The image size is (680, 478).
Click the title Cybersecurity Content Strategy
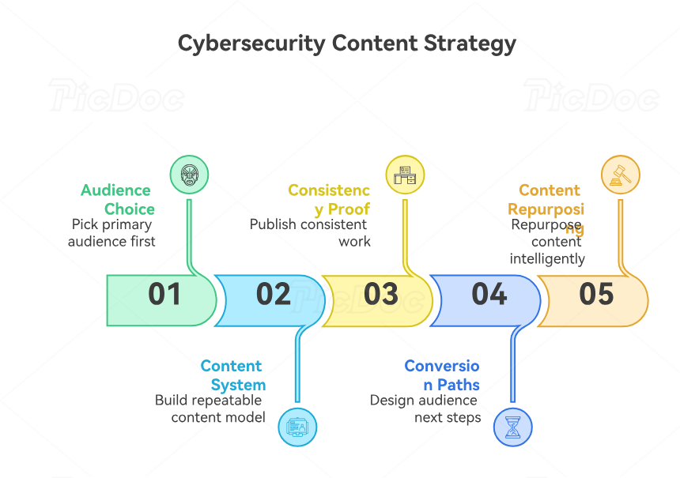tap(346, 43)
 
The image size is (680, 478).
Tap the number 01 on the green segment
tap(164, 294)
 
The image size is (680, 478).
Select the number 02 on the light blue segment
tap(274, 294)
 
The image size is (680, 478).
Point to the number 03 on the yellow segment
tap(380, 294)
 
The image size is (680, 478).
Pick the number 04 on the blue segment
tap(489, 294)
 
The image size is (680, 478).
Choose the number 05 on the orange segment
tap(596, 294)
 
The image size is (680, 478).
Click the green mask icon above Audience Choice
tap(190, 175)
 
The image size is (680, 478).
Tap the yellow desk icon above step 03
tap(405, 175)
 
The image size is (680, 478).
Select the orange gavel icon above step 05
tap(620, 175)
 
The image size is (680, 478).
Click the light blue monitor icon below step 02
tap(297, 427)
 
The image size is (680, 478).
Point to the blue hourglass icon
tap(512, 427)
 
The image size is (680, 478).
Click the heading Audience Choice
tap(117, 199)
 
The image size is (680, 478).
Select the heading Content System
tap(233, 375)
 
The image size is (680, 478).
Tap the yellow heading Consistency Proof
tap(330, 199)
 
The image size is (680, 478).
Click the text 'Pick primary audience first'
tap(111, 232)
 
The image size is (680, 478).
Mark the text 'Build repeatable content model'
tap(210, 408)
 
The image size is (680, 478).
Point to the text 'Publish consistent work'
tap(310, 232)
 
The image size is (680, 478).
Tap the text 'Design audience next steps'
tap(425, 408)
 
